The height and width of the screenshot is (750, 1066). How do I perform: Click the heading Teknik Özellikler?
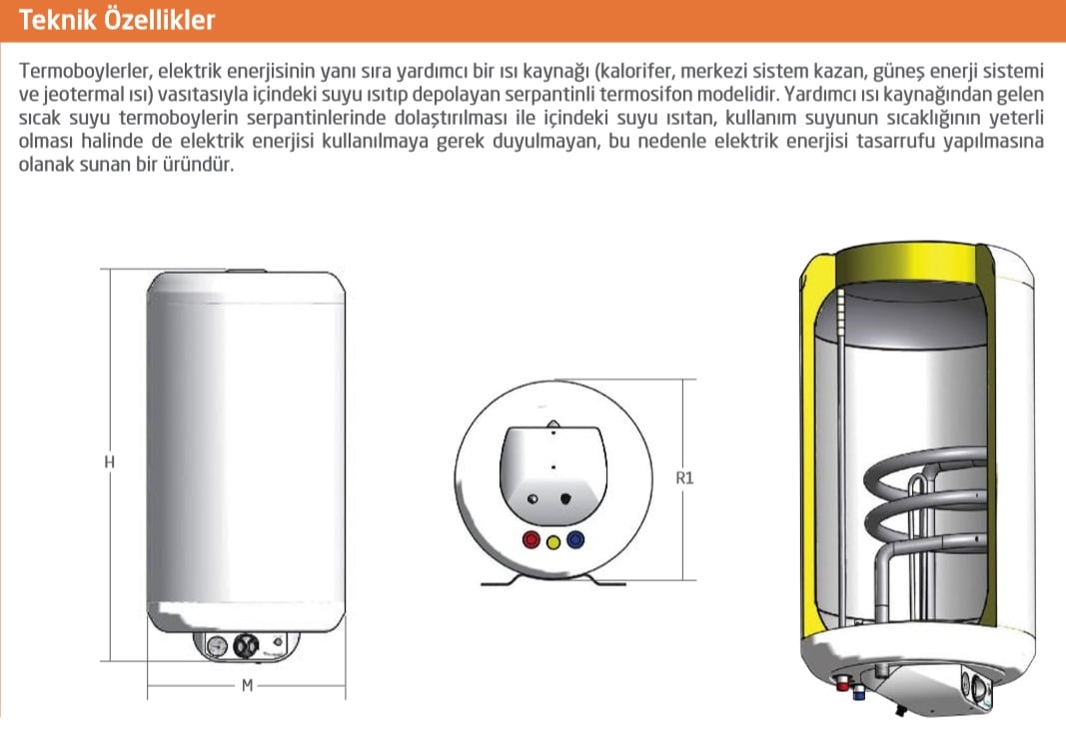point(116,20)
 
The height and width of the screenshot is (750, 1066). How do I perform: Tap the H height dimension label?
point(110,462)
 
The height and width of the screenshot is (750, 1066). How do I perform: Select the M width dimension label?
point(248,685)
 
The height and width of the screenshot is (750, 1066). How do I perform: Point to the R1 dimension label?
point(684,478)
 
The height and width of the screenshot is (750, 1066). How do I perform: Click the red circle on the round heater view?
point(531,540)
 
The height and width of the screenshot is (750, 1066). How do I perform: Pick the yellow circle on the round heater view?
point(553,542)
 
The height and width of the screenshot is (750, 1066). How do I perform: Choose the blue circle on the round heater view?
point(575,540)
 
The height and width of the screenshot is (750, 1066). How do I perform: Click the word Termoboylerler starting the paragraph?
point(85,71)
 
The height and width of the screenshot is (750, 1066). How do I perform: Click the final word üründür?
point(198,164)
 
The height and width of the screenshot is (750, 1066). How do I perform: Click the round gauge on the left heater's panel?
point(216,646)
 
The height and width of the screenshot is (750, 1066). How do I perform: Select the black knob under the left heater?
point(246,645)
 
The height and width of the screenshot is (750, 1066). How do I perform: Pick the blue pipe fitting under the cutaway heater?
point(858,691)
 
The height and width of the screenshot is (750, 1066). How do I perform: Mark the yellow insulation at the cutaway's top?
point(904,261)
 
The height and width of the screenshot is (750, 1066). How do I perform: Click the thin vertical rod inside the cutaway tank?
point(841,455)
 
